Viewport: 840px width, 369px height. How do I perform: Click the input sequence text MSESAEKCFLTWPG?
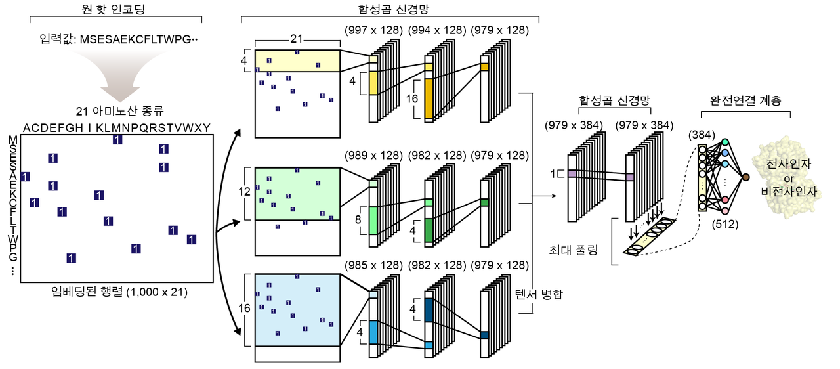[x=138, y=41]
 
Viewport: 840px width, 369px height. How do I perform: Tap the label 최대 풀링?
[x=574, y=250]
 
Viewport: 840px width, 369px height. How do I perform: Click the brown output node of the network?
[x=745, y=177]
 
